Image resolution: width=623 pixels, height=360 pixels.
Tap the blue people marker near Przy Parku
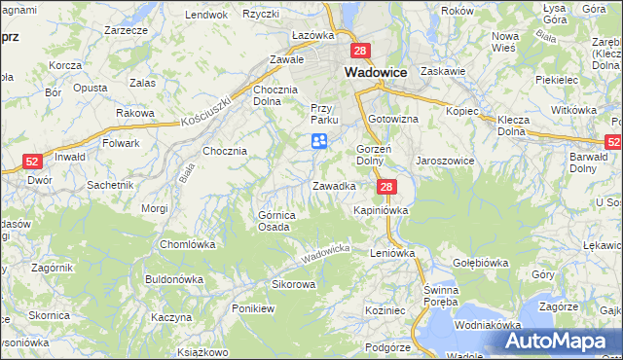318,142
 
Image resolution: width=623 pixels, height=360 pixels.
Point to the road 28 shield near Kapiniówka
387,187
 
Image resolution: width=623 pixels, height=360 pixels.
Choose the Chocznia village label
224,151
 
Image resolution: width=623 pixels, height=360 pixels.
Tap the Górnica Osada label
274,221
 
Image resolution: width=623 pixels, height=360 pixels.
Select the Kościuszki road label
205,112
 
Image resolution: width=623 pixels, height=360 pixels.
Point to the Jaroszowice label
444,160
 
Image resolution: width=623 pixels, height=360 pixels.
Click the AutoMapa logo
558,341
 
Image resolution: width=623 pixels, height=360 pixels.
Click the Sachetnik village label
109,185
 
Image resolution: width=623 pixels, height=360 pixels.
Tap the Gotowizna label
392,119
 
